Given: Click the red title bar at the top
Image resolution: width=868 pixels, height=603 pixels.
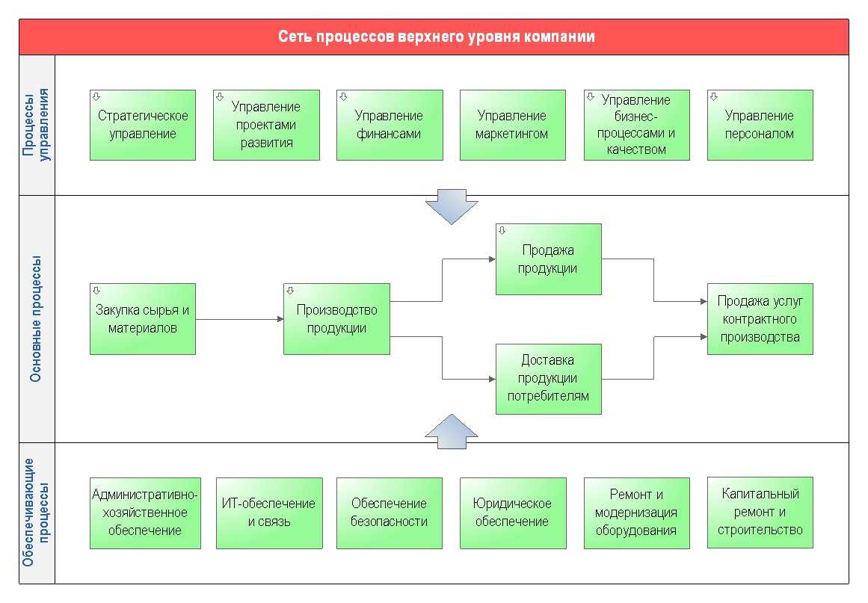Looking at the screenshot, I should (x=434, y=37).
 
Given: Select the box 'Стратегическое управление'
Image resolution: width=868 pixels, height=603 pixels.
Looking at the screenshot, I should (x=143, y=125).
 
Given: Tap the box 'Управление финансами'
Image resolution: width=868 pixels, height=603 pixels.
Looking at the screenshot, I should (x=390, y=125).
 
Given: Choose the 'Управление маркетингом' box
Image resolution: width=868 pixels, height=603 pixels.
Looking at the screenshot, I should (x=512, y=125).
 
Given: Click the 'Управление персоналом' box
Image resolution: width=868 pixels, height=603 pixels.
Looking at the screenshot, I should (x=760, y=125).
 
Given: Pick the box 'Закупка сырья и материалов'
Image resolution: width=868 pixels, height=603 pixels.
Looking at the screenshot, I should (x=143, y=318).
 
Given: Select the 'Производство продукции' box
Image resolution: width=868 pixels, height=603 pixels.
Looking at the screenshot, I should (x=336, y=318).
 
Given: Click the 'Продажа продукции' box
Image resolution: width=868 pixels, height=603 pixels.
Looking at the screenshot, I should (x=549, y=259).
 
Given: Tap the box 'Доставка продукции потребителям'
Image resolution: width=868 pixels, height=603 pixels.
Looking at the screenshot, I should (x=549, y=379).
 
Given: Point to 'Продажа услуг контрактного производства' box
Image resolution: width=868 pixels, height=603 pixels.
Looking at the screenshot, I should (x=760, y=318).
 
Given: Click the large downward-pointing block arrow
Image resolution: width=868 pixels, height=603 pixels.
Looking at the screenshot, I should (x=452, y=209).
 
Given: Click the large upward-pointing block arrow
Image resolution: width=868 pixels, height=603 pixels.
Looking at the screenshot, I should (x=452, y=432).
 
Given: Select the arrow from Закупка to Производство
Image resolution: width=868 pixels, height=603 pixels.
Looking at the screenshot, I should (x=239, y=319).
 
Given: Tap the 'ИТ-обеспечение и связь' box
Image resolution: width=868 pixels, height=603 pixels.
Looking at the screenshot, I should (x=269, y=513).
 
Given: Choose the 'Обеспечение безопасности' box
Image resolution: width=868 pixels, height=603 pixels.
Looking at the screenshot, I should (x=390, y=513).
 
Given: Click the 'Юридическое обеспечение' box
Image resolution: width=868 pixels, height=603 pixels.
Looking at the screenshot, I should (x=513, y=513).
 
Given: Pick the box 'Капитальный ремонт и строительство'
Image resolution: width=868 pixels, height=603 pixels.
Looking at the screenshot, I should (x=760, y=512).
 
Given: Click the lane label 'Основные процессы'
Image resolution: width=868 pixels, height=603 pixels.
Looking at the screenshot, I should (x=36, y=319).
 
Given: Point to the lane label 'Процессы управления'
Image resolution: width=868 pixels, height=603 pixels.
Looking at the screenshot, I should (x=36, y=125).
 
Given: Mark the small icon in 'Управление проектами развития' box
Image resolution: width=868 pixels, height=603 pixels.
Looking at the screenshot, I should (x=220, y=96).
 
